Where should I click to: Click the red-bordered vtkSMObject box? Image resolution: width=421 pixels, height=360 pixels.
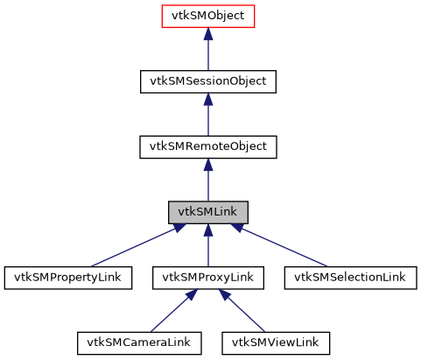[208, 17]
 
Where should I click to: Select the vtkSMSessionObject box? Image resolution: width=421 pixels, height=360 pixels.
[208, 81]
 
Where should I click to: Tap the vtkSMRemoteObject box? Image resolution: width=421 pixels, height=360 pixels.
[208, 146]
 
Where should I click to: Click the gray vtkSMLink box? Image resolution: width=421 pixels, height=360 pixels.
[208, 212]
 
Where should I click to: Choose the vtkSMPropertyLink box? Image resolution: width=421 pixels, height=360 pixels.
[68, 278]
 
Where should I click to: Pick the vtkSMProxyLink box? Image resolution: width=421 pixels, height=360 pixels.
[208, 278]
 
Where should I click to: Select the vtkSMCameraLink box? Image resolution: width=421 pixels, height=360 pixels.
[139, 342]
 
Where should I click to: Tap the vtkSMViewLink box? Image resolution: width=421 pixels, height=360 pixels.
[276, 342]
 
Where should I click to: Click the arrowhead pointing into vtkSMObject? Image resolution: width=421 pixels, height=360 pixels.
[208, 34]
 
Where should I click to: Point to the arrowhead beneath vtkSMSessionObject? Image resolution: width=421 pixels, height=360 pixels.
[208, 99]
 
